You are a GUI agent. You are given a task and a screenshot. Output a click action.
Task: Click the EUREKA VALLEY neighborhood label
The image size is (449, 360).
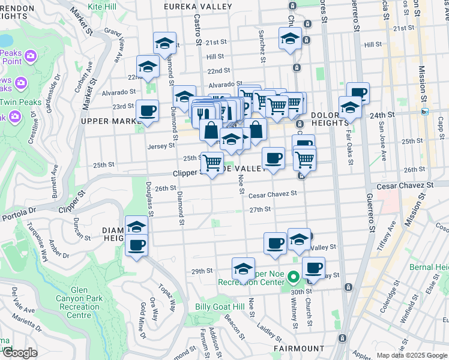click(x=198, y=7)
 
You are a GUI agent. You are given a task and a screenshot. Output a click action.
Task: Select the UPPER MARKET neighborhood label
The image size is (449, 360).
click(x=112, y=121)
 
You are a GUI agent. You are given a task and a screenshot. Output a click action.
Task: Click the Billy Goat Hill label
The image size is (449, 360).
click(x=220, y=306)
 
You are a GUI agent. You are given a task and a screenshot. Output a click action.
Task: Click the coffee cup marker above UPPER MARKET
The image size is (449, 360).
click(x=147, y=110)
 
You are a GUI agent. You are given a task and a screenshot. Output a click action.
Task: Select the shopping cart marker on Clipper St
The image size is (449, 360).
click(x=212, y=163)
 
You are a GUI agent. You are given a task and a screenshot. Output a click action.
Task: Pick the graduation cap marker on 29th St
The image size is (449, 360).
click(x=243, y=268)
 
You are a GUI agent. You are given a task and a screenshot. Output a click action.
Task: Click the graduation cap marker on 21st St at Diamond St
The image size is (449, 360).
click(x=164, y=43)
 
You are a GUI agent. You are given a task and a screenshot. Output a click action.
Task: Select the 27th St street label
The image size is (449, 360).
click(x=261, y=209)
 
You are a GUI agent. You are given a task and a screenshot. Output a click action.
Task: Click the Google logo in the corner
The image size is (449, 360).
click(x=20, y=353)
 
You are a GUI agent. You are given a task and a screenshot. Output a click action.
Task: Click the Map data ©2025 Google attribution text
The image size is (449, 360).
click(x=412, y=355)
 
